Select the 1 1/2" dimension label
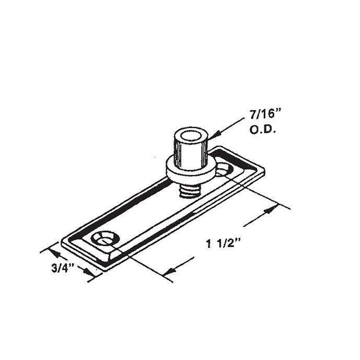pos(223,242)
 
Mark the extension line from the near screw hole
pos(141,261)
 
